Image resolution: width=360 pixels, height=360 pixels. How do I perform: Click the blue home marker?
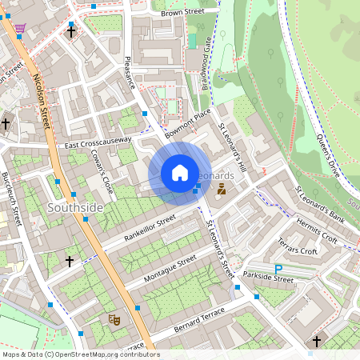[180, 173]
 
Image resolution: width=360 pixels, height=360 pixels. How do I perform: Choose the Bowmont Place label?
[186, 124]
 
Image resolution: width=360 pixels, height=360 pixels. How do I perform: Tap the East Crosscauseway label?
[98, 142]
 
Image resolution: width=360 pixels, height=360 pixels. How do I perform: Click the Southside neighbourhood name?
[75, 208]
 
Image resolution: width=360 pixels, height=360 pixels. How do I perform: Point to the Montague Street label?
[170, 269]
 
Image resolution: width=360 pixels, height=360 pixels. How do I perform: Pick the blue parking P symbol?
[278, 270]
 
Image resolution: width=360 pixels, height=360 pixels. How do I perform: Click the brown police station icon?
[221, 189]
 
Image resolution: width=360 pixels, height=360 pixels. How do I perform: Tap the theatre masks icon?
[114, 318]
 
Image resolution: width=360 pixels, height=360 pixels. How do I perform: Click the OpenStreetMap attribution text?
[80, 354]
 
